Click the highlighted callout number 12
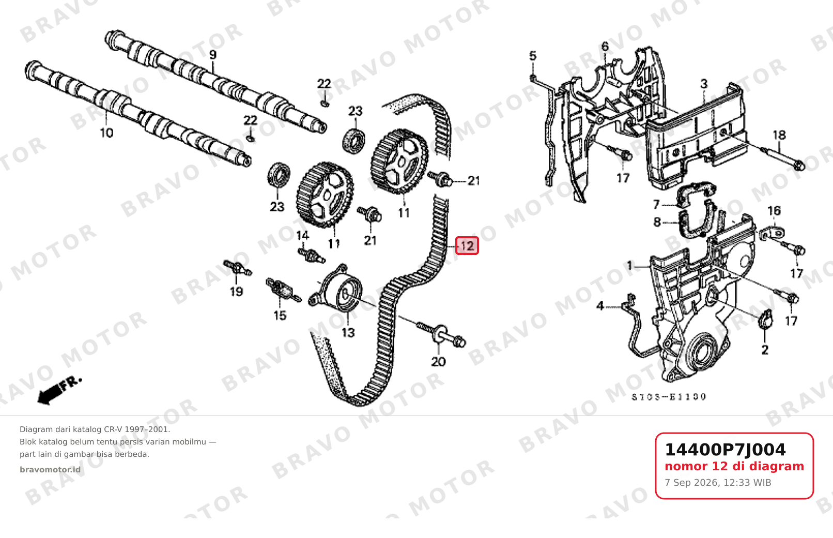[467, 246]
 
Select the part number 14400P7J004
[725, 450]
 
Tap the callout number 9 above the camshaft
[213, 55]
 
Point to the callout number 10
[106, 133]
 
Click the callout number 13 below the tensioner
[348, 332]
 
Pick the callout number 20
[438, 361]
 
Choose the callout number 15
[280, 316]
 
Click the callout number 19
[237, 291]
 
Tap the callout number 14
[302, 235]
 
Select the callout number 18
[779, 135]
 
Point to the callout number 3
[704, 84]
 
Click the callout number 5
[533, 56]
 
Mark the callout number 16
[774, 211]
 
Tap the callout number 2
[765, 350]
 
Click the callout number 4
[600, 306]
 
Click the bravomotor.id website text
[50, 470]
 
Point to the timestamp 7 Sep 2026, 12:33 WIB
[718, 483]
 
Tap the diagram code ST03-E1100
[669, 397]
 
